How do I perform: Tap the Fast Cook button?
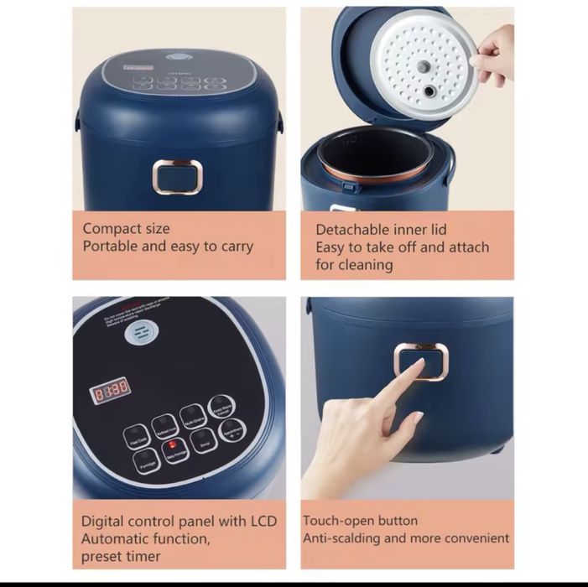[x=136, y=436]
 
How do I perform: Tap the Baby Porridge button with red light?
[x=175, y=449]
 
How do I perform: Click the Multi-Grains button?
[x=192, y=417]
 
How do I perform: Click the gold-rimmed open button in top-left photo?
[x=177, y=177]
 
